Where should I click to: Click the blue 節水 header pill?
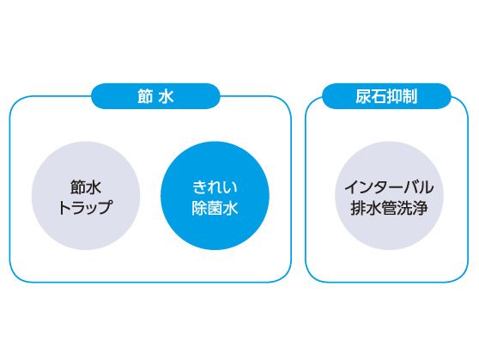tap(155, 96)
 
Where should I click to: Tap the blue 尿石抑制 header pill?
tap(386, 96)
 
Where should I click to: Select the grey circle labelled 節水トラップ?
tap(86, 196)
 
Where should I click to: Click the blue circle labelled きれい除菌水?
tap(215, 196)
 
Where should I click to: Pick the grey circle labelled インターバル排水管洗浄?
tap(389, 196)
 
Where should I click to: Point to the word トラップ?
tap(85, 208)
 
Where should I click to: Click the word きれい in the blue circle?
tap(215, 187)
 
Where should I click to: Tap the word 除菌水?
tap(215, 208)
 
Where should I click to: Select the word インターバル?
tap(389, 187)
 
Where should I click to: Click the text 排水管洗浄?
tap(389, 208)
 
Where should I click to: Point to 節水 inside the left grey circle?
tap(86, 187)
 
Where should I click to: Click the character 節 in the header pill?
tap(145, 96)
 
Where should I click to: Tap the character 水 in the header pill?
tap(167, 96)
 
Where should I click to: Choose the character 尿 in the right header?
tap(363, 96)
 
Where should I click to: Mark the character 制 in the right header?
tap(409, 96)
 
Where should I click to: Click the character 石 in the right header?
tap(379, 96)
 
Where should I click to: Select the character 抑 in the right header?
tap(394, 96)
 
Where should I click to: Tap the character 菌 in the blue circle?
tap(215, 208)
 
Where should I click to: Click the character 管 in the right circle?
tap(389, 208)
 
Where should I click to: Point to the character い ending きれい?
tap(230, 187)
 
